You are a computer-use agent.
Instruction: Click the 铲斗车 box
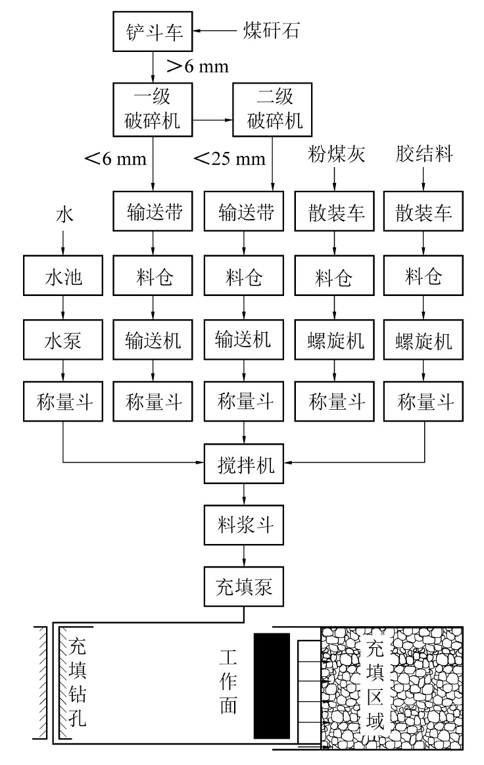(x=152, y=32)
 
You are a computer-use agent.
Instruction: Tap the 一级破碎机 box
(x=152, y=109)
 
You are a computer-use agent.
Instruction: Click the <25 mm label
(x=230, y=158)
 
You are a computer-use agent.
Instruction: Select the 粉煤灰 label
(x=335, y=157)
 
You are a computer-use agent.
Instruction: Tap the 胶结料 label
(x=423, y=157)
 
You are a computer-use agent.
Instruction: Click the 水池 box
(x=62, y=278)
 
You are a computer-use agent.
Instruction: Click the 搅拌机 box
(x=245, y=464)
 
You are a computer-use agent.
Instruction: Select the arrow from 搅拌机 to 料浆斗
(x=245, y=493)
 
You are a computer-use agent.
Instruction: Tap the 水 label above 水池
(x=62, y=215)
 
